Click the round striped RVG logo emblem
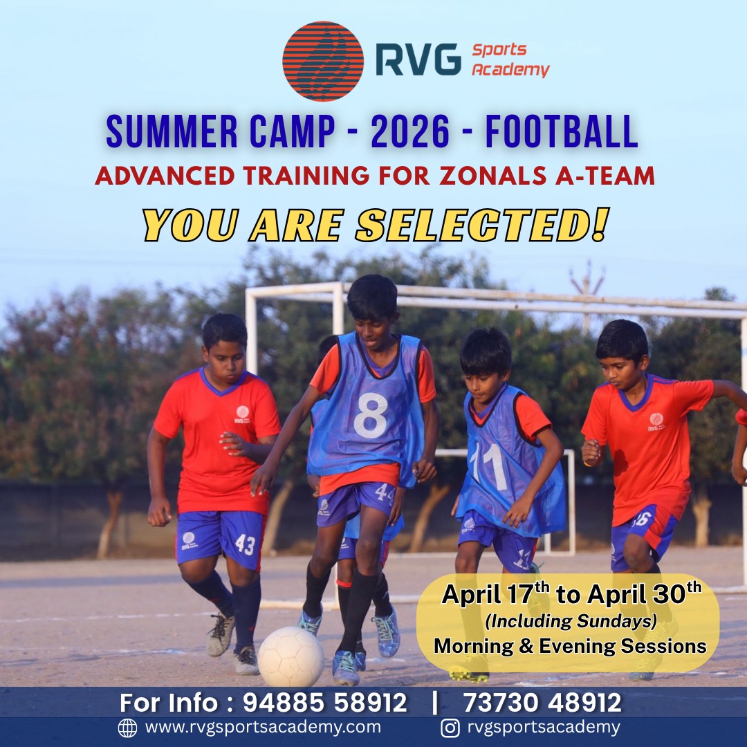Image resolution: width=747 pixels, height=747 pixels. click(x=323, y=61)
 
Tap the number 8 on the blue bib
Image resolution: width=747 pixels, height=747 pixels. click(x=371, y=415)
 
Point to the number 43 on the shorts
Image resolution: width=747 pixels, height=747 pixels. click(x=245, y=544)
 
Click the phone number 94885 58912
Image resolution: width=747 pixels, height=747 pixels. click(x=324, y=703)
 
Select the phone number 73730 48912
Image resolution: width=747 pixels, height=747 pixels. click(x=542, y=703)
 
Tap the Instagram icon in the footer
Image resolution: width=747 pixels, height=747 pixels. click(x=450, y=728)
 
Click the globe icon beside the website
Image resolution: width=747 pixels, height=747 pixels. click(x=127, y=728)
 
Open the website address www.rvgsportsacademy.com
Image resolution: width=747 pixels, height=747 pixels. click(x=263, y=728)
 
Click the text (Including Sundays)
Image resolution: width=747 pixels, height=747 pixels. click(x=571, y=621)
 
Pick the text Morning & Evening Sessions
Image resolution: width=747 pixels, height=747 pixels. click(x=570, y=647)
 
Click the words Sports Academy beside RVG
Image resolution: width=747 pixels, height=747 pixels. click(x=510, y=60)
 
